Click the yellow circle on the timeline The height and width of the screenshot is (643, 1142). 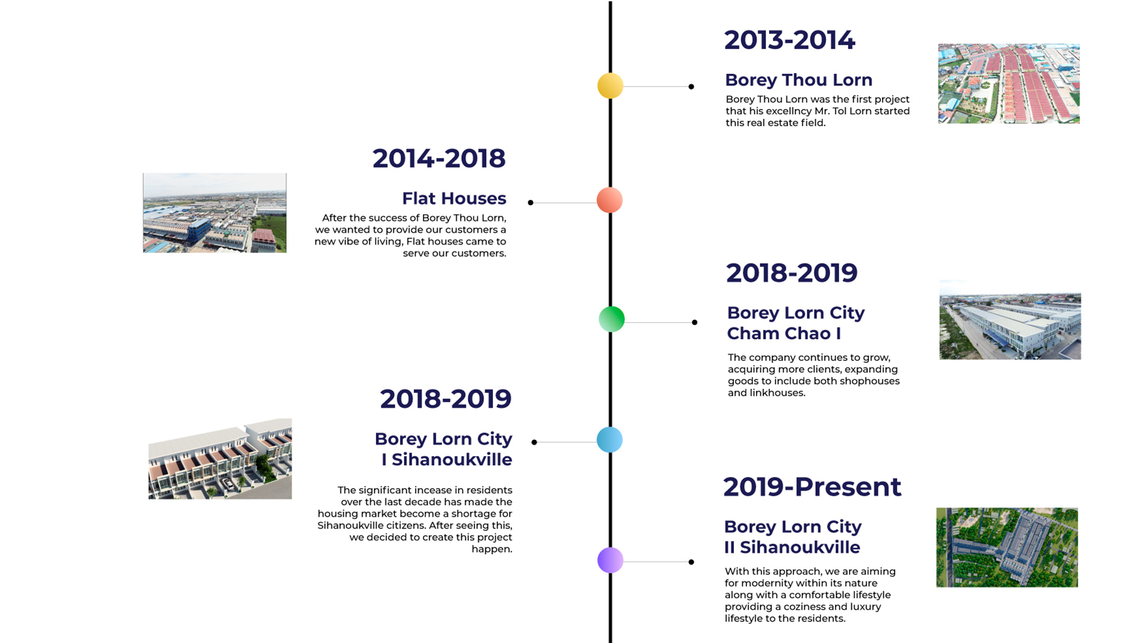coord(610,86)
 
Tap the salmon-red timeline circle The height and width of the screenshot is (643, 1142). coord(610,200)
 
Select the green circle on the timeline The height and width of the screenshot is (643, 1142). coord(611,319)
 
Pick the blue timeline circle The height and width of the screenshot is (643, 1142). coord(610,440)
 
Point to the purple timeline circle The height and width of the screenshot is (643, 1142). coord(610,560)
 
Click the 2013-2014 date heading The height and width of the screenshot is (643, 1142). coord(789,40)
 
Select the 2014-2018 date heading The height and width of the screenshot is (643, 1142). coord(439,159)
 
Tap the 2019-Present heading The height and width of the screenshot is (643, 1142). coord(812,487)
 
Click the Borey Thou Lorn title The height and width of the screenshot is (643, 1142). coord(799,80)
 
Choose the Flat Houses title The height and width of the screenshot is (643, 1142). coord(454,198)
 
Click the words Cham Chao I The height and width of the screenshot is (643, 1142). coord(784,333)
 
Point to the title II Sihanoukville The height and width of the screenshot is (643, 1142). coord(792,547)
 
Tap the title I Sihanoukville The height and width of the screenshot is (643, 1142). coord(447,460)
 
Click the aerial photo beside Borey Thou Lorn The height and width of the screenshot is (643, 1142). coord(1009,83)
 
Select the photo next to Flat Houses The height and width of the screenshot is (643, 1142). coord(215,213)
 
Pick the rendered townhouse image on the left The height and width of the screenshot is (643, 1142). coord(220,458)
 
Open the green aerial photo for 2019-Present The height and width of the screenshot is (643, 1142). coord(1007,547)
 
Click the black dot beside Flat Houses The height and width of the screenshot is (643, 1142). coord(531,203)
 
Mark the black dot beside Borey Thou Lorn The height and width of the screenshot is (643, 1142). coord(691,87)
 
